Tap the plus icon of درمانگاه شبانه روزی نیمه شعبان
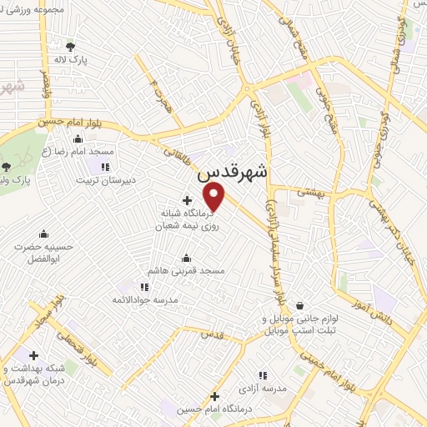(186, 200)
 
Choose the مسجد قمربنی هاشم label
(174, 272)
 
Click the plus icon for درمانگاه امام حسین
(214, 395)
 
